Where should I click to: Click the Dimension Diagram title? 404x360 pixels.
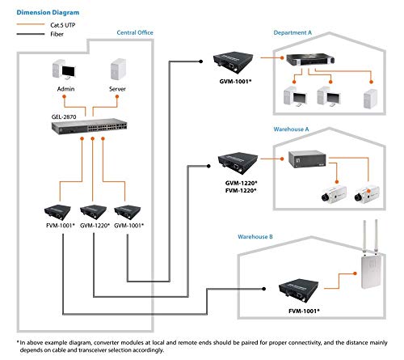(x=48, y=13)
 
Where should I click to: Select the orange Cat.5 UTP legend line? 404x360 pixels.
(x=31, y=24)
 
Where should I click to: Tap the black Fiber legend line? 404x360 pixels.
(x=31, y=34)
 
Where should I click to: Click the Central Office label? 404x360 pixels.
(x=135, y=32)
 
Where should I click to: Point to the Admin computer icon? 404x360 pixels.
(x=64, y=70)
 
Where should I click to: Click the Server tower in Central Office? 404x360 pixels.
(x=118, y=69)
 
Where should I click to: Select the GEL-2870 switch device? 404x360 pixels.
(x=89, y=126)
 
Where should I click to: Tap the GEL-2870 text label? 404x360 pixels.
(x=64, y=116)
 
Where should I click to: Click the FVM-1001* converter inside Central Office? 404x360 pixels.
(x=57, y=212)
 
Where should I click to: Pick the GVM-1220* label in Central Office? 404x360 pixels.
(x=95, y=226)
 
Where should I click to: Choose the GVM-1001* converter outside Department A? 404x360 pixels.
(x=234, y=62)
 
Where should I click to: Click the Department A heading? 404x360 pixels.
(x=292, y=32)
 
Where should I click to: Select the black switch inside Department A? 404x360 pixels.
(x=310, y=60)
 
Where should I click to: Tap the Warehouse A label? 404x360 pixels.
(x=291, y=129)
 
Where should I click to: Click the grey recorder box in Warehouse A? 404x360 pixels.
(x=307, y=159)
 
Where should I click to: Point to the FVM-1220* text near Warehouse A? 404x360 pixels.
(x=241, y=191)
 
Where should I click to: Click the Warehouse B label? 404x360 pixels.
(x=255, y=237)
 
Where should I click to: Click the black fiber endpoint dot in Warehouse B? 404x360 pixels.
(x=264, y=289)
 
